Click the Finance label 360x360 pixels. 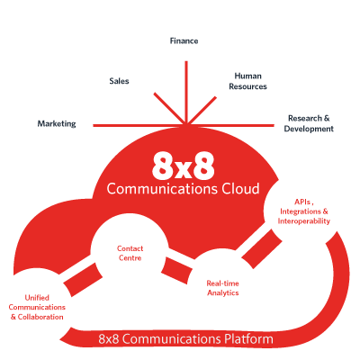click(184, 40)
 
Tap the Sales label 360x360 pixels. click(119, 81)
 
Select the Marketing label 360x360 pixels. click(57, 123)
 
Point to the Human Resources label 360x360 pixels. click(247, 81)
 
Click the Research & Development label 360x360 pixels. click(309, 123)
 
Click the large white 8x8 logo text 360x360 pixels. click(184, 166)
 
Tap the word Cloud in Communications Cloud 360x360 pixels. click(240, 189)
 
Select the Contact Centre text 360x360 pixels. click(130, 253)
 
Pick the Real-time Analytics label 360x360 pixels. click(222, 288)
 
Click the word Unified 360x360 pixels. click(37, 298)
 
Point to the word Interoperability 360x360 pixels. click(303, 221)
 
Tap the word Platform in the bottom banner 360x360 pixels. click(248, 339)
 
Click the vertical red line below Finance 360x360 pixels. click(186, 93)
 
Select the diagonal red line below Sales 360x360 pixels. click(170, 108)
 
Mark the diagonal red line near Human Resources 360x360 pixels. click(202, 110)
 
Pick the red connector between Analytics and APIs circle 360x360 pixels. click(262, 248)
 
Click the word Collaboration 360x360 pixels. click(40, 317)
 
